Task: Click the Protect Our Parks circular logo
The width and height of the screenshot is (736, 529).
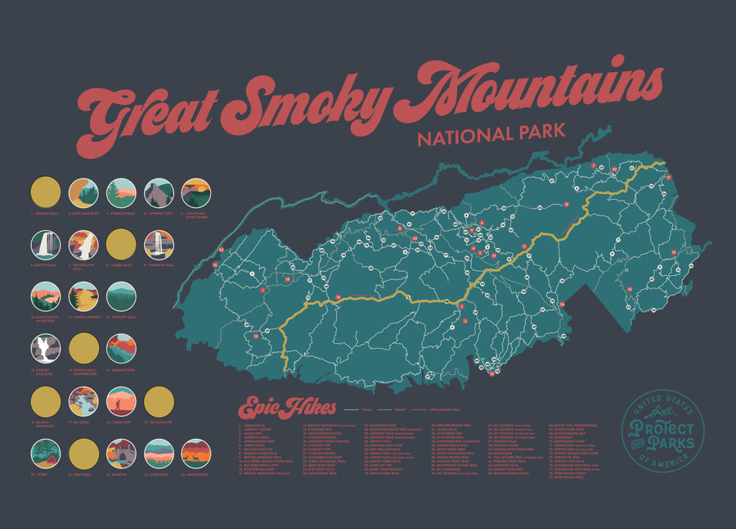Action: click(662, 430)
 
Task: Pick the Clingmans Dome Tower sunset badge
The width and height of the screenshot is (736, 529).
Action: click(196, 193)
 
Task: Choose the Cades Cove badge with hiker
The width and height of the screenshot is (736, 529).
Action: click(121, 401)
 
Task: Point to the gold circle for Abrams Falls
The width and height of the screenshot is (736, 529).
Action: click(46, 193)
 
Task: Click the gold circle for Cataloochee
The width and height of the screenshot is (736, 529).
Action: click(159, 401)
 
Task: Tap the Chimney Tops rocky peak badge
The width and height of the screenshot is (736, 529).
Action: click(159, 193)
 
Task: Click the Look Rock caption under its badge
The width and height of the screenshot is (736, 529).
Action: click(159, 475)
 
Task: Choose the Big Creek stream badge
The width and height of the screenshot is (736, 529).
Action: click(83, 401)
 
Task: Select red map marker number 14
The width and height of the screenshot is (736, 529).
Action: click(338, 296)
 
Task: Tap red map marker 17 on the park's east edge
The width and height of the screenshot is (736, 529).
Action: click(668, 177)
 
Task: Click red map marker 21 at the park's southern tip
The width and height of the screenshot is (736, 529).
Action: click(491, 375)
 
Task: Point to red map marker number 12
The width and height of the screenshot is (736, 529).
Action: click(566, 204)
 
